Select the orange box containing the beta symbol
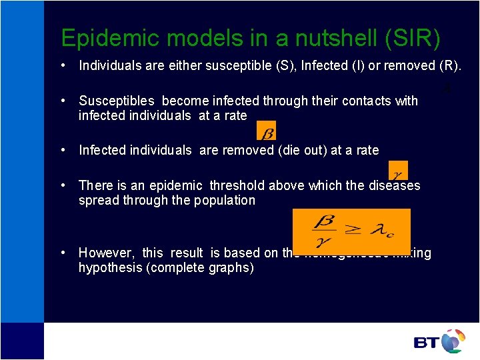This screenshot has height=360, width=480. pos(266,130)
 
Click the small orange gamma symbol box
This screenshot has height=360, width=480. pos(398,170)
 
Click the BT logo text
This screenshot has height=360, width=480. pos(426,343)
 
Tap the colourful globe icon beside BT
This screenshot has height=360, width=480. pos(453,341)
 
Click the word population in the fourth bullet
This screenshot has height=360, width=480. pos(224,200)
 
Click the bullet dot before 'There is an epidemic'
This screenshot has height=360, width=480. pos(62,185)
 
